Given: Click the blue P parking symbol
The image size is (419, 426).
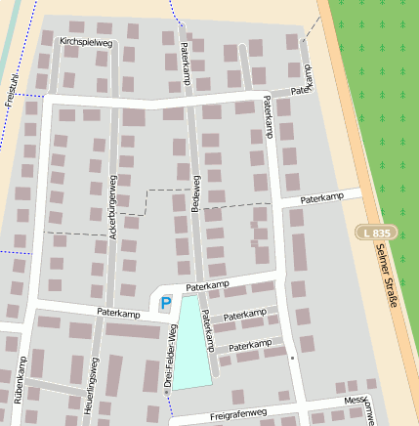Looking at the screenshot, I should click(x=166, y=304).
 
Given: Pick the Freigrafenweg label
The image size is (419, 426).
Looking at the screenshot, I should click(x=238, y=414).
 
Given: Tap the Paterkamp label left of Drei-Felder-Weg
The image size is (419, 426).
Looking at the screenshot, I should click(x=118, y=312).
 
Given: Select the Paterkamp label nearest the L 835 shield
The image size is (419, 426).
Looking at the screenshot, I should click(x=324, y=198).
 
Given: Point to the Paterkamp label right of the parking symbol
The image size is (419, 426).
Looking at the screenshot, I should click(x=206, y=286).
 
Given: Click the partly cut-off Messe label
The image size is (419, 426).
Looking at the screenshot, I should click(x=356, y=401).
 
